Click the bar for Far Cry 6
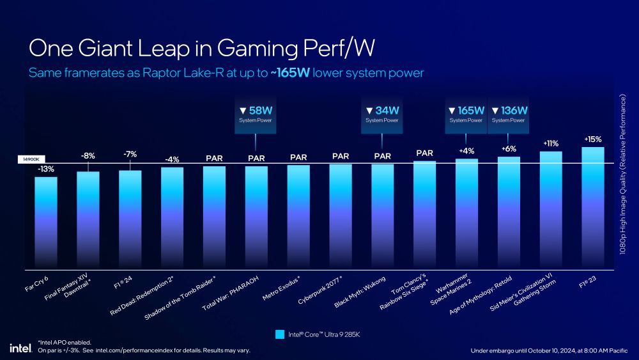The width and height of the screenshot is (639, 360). click(x=45, y=222)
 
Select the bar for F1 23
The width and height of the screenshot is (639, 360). click(x=593, y=207)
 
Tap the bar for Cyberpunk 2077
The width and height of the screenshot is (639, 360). click(x=341, y=215)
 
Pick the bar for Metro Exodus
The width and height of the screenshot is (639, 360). click(x=298, y=216)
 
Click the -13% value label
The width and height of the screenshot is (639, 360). click(x=45, y=169)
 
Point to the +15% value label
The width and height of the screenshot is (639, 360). click(x=593, y=139)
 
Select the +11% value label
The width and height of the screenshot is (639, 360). click(x=551, y=144)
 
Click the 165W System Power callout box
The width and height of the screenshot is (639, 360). click(x=466, y=115)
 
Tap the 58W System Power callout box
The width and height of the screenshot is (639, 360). click(x=256, y=115)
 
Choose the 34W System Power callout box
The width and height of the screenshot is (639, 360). click(x=382, y=115)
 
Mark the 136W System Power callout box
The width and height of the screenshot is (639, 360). click(x=509, y=115)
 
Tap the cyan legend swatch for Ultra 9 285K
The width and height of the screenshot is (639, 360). click(x=279, y=334)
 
